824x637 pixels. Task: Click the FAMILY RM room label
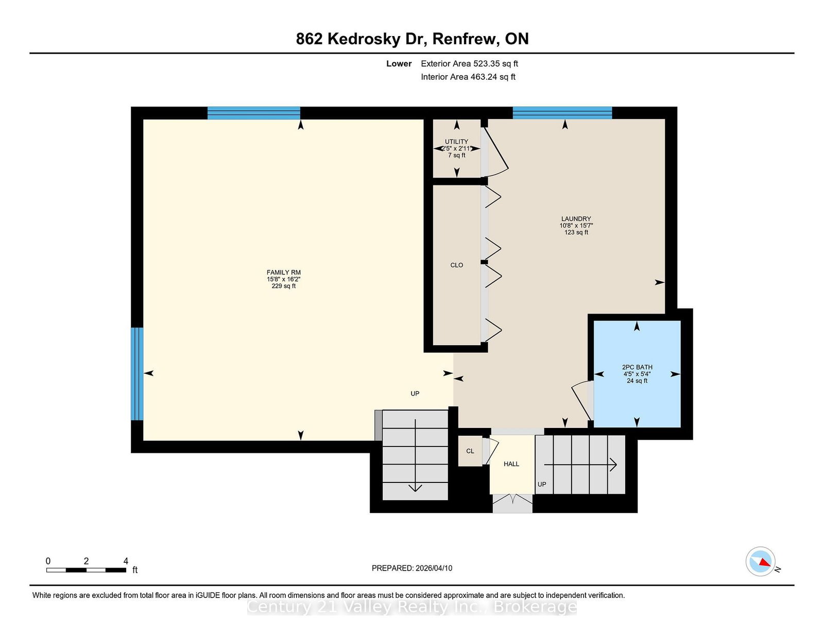tap(283, 272)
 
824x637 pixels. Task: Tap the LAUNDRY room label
tap(576, 219)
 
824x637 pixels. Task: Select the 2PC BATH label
tap(637, 367)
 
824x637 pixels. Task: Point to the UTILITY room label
tap(457, 142)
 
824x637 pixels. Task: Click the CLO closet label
tap(457, 265)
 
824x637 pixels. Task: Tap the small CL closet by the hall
tap(470, 451)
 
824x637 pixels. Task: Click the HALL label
tap(511, 464)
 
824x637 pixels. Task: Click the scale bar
tap(87, 570)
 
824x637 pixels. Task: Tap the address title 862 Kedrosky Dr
tap(362, 39)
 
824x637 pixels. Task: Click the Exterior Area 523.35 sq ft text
tap(470, 64)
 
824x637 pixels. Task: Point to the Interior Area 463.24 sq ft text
tap(468, 77)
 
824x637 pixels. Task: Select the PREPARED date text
tap(412, 568)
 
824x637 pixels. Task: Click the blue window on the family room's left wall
tap(138, 374)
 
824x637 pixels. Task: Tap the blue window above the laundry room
tap(562, 113)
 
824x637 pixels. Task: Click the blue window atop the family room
tap(254, 113)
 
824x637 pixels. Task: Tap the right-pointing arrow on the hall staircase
tap(580, 464)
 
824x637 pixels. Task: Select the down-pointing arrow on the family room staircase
tap(415, 455)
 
